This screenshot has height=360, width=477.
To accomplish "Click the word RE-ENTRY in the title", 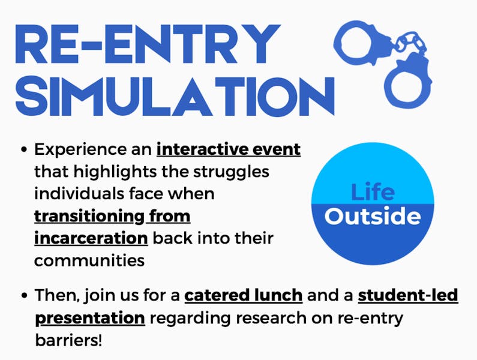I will (x=147, y=43).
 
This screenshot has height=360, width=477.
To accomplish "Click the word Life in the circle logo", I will (x=373, y=193).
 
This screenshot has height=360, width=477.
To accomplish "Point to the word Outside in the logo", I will (x=373, y=216).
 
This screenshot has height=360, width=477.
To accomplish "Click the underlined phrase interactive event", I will (x=229, y=149).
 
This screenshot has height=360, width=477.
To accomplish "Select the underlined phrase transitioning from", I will (x=112, y=215).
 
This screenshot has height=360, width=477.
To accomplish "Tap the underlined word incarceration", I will (x=91, y=238).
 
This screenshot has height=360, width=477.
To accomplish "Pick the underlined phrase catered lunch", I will (x=243, y=295).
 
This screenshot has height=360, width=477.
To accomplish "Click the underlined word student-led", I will (x=408, y=295).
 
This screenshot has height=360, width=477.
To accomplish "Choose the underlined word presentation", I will (x=90, y=317).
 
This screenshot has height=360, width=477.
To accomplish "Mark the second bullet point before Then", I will (x=23, y=296).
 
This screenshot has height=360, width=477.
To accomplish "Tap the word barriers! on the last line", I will (x=68, y=340).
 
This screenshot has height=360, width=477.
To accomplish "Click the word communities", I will (x=89, y=260).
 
